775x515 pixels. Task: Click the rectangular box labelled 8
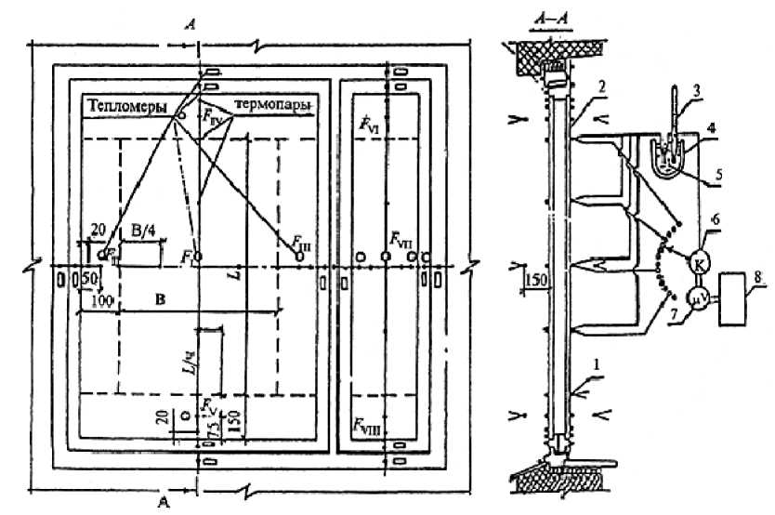click(743, 297)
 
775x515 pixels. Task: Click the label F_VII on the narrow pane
click(401, 244)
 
